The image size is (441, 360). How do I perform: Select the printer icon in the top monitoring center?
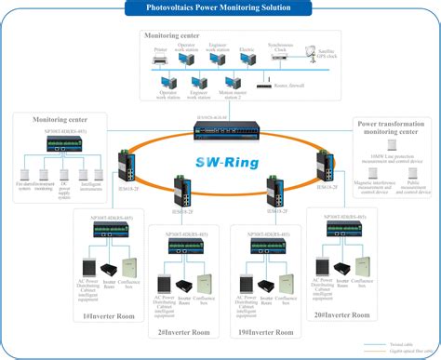point(160,57)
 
